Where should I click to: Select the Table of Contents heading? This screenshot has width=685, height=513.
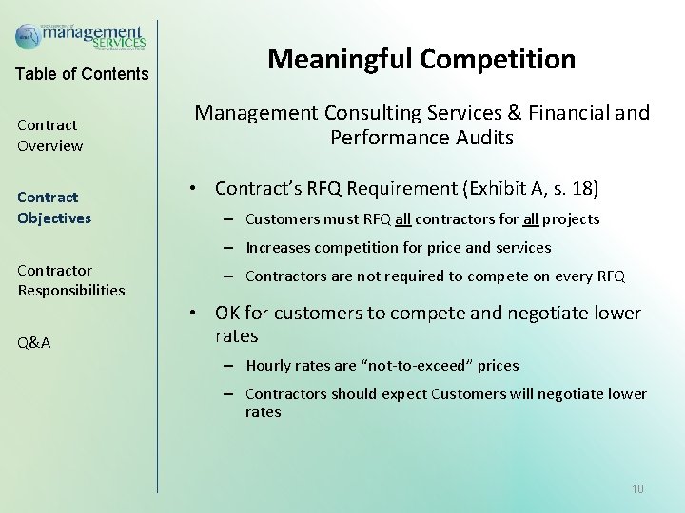83,74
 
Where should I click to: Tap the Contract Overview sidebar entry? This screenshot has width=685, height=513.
49,135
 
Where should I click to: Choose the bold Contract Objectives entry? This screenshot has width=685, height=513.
54,207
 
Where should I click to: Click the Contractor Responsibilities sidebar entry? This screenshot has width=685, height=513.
70,280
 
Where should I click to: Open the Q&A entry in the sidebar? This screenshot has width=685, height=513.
34,343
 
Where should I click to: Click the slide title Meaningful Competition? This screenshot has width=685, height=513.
421,60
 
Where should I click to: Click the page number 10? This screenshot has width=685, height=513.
637,488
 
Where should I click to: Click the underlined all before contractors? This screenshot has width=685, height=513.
402,219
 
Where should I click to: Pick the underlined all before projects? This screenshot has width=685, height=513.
531,219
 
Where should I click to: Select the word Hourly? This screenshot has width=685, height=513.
268,366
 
